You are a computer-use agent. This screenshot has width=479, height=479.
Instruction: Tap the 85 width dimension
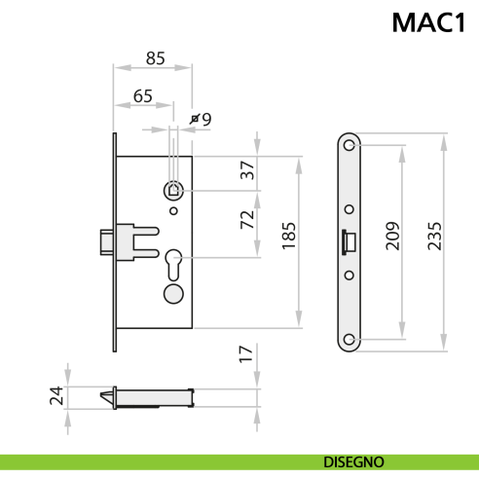(155, 58)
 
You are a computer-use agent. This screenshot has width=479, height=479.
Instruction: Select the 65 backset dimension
(143, 95)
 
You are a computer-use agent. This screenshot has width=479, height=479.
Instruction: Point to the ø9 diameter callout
(203, 119)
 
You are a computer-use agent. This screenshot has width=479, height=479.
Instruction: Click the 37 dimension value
(248, 170)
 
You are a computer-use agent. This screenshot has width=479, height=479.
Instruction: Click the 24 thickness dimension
(57, 394)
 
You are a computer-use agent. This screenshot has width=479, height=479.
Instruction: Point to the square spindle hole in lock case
(173, 189)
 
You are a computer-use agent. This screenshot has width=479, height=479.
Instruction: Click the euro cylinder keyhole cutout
(173, 264)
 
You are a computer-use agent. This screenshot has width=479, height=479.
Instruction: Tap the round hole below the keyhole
(173, 293)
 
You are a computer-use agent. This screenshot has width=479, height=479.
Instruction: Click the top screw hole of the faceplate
(350, 146)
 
